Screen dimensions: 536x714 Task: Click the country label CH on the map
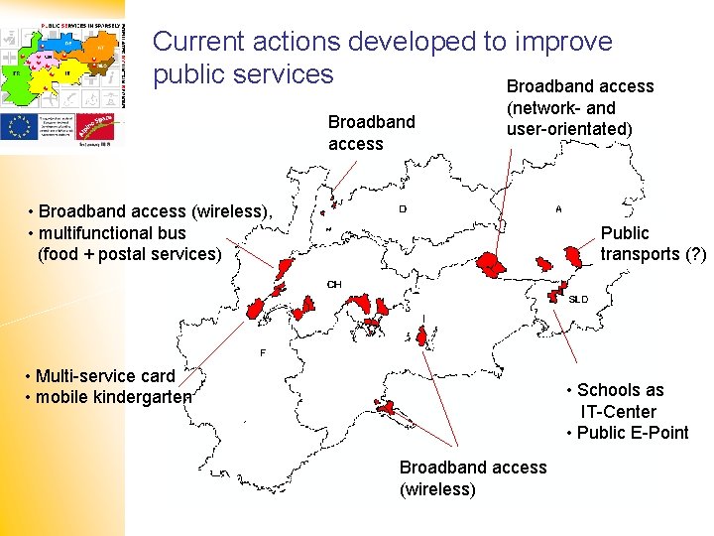click(334, 285)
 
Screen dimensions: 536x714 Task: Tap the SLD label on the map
click(578, 299)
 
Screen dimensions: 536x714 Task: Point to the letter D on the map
click(402, 209)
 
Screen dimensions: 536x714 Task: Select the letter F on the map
click(263, 353)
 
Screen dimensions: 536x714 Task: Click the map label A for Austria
click(559, 209)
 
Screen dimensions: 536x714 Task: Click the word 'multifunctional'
click(98, 233)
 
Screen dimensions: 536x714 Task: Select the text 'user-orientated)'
click(569, 129)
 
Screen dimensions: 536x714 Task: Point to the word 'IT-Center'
click(619, 412)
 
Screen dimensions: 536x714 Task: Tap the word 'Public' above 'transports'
click(625, 233)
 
